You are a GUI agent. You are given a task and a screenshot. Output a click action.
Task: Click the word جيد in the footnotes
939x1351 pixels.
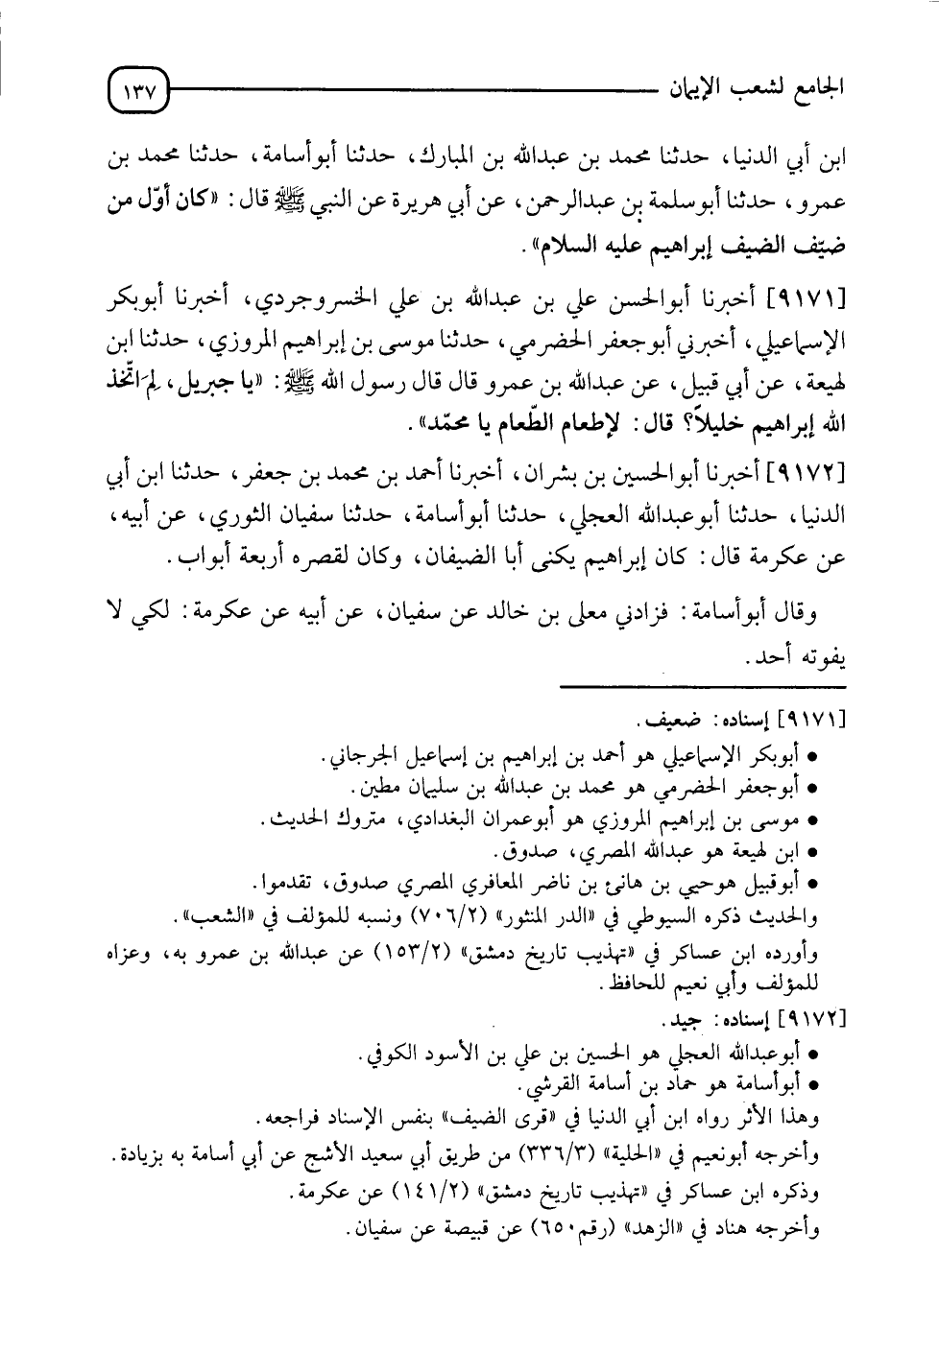click(x=683, y=1016)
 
